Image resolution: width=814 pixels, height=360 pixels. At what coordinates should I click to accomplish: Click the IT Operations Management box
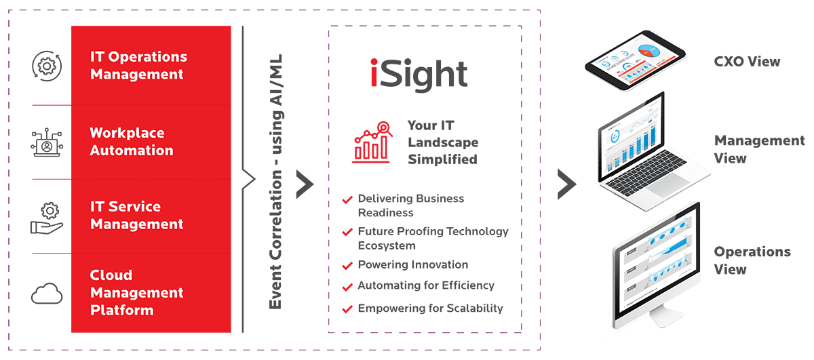(151, 66)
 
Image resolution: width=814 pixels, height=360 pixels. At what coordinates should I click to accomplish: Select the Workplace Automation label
(132, 142)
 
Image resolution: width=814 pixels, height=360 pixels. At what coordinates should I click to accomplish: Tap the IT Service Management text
(136, 216)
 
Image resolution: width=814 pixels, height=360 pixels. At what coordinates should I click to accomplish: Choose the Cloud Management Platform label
(136, 293)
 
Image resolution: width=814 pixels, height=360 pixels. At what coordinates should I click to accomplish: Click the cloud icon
(47, 294)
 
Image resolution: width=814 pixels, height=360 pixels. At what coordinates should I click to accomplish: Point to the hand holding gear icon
(47, 218)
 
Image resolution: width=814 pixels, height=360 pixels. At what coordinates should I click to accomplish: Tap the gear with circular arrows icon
(47, 66)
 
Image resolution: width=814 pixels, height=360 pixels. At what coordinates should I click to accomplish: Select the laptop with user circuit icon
(47, 142)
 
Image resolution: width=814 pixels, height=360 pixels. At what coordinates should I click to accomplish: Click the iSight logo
(419, 75)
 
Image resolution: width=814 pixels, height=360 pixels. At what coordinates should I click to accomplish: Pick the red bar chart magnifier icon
(372, 142)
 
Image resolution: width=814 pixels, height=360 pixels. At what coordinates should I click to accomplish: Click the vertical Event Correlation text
(275, 182)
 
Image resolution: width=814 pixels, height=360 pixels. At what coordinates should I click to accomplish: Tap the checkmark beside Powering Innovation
(347, 266)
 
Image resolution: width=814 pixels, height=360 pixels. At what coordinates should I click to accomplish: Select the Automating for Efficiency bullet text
(426, 285)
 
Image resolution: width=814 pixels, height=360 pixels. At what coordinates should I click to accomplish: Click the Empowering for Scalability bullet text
(431, 308)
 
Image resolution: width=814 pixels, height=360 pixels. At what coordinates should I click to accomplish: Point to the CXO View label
(747, 62)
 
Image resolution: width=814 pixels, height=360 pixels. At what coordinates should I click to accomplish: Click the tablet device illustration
(635, 60)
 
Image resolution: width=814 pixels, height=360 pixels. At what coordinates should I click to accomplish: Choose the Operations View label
(752, 260)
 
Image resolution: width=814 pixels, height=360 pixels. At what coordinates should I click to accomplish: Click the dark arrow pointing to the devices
(567, 184)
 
